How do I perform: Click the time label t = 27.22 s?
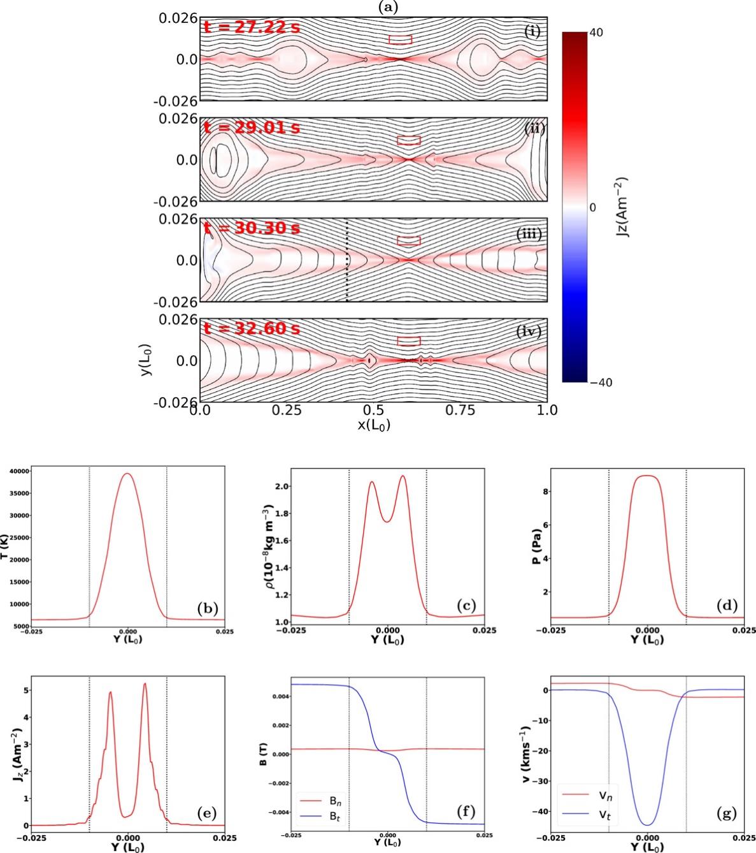(250, 27)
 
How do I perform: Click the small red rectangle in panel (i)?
(400, 40)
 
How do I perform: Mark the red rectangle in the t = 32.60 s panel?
(408, 341)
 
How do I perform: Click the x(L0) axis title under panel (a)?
(374, 425)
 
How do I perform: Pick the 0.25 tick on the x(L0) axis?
(287, 410)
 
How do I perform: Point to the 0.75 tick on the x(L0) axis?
(460, 410)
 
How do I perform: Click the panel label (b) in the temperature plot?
(207, 608)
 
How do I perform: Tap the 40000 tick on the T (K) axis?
(18, 471)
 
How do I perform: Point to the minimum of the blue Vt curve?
(648, 825)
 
